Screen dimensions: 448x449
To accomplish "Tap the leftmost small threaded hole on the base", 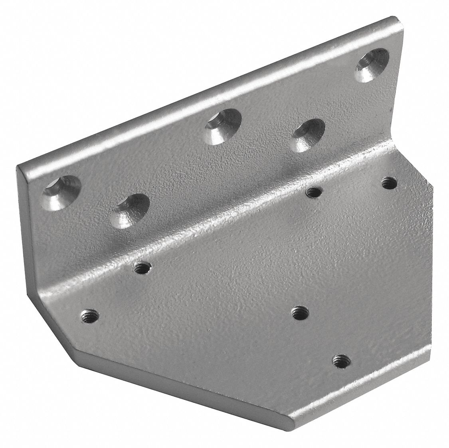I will (88, 314).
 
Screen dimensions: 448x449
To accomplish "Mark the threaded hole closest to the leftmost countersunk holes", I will (140, 267).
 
